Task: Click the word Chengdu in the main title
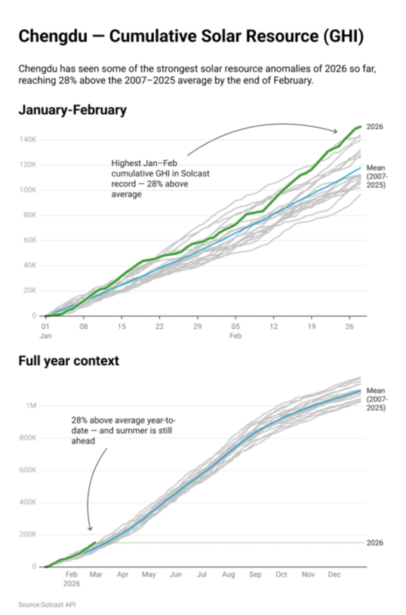pos(53,36)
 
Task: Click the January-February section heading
pos(72,110)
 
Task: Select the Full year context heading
pos(68,361)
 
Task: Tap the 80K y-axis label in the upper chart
pos(30,215)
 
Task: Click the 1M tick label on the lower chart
pos(31,406)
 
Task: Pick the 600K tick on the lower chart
pos(28,470)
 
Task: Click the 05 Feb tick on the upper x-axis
pos(235,327)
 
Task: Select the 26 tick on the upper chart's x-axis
pos(349,326)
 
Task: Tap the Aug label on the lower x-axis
pos(228,574)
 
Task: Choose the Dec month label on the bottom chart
pos(334,574)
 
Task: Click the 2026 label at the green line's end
pos(375,127)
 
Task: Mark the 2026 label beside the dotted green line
pos(375,543)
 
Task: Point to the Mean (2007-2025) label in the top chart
pos(376,176)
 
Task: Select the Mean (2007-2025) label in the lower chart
pos(376,399)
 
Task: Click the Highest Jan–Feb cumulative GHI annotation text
pos(160,179)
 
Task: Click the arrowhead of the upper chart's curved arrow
pos(336,132)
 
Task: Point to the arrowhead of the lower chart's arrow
pos(90,529)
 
